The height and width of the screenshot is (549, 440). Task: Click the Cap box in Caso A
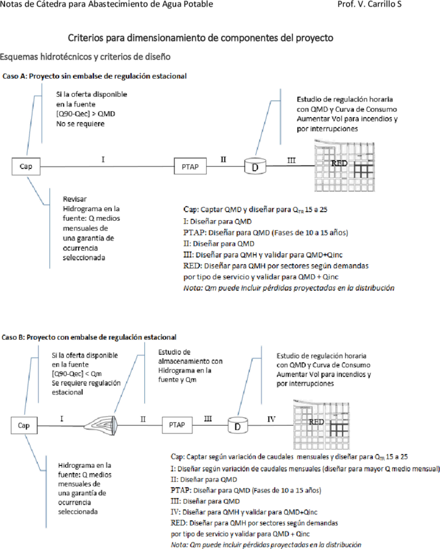(26, 166)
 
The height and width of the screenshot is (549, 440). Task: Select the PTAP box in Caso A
(190, 166)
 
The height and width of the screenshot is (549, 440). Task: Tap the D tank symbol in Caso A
(255, 166)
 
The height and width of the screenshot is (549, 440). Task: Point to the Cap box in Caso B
(24, 426)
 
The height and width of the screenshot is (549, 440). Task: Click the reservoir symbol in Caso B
(101, 426)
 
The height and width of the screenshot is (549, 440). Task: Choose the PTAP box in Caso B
(177, 425)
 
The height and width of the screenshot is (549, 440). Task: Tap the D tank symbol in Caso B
(238, 426)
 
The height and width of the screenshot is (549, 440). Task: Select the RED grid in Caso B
(321, 425)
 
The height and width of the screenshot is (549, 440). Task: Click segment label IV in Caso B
(272, 419)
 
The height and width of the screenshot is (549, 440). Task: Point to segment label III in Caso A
(291, 160)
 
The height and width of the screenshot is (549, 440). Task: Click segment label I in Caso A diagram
(103, 160)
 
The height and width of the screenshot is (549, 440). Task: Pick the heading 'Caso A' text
(15, 76)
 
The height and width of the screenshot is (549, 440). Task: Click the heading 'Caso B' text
(14, 337)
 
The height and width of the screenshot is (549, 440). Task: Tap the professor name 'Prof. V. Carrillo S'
(370, 4)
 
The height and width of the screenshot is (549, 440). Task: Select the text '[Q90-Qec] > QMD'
(86, 114)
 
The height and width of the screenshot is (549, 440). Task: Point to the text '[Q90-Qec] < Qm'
(77, 374)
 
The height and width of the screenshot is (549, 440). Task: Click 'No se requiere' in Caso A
(80, 123)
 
